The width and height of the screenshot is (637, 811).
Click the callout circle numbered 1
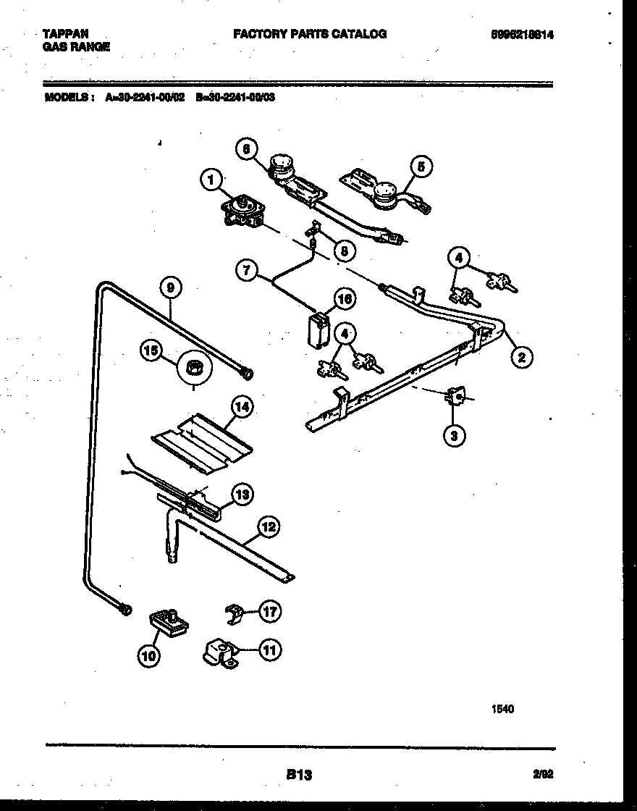click(x=211, y=180)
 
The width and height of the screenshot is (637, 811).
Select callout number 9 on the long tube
click(x=170, y=288)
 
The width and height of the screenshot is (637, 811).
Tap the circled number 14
click(x=242, y=408)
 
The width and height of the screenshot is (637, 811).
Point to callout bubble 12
click(x=269, y=527)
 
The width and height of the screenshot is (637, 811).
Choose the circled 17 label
click(x=270, y=612)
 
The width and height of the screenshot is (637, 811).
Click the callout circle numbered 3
click(x=455, y=434)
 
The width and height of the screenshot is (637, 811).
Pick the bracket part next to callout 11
click(x=220, y=651)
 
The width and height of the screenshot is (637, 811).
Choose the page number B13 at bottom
click(x=299, y=775)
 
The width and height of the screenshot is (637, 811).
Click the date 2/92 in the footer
click(x=543, y=774)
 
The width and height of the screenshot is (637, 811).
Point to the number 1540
click(x=502, y=710)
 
